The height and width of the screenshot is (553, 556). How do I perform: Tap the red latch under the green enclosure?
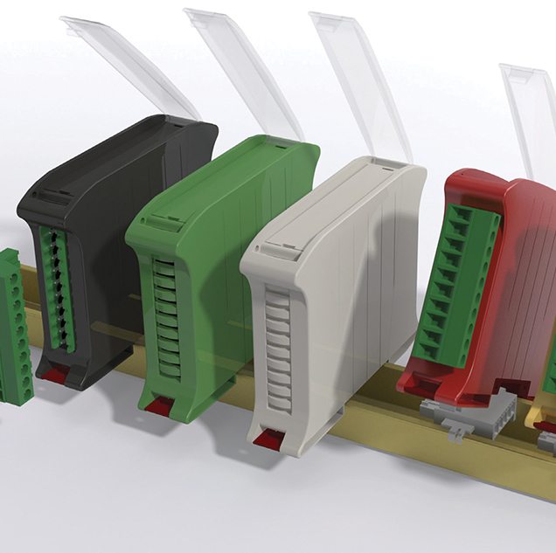[160, 406]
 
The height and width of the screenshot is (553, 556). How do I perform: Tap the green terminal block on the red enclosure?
[459, 280]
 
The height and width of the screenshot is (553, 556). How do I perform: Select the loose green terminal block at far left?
[13, 323]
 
